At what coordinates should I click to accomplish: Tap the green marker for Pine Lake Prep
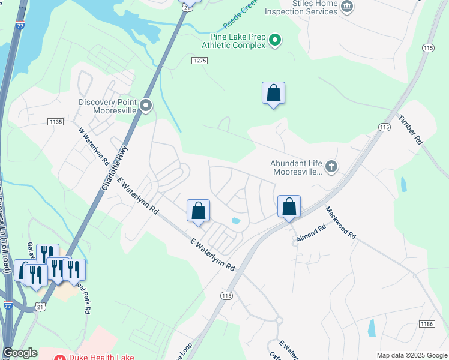[275, 40]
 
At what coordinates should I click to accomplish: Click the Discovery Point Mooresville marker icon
[146, 106]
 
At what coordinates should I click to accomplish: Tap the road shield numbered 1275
[200, 61]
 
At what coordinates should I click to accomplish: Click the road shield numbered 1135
[55, 122]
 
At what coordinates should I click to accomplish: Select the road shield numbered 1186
[426, 324]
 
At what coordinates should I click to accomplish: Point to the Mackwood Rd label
[341, 223]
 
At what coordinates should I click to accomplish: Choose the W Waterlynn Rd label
[94, 146]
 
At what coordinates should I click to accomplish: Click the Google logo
[20, 353]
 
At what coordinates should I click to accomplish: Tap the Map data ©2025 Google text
[412, 355]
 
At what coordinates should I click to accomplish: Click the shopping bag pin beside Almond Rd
[289, 207]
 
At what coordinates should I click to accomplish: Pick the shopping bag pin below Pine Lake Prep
[273, 94]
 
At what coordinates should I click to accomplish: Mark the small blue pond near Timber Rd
[403, 184]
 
